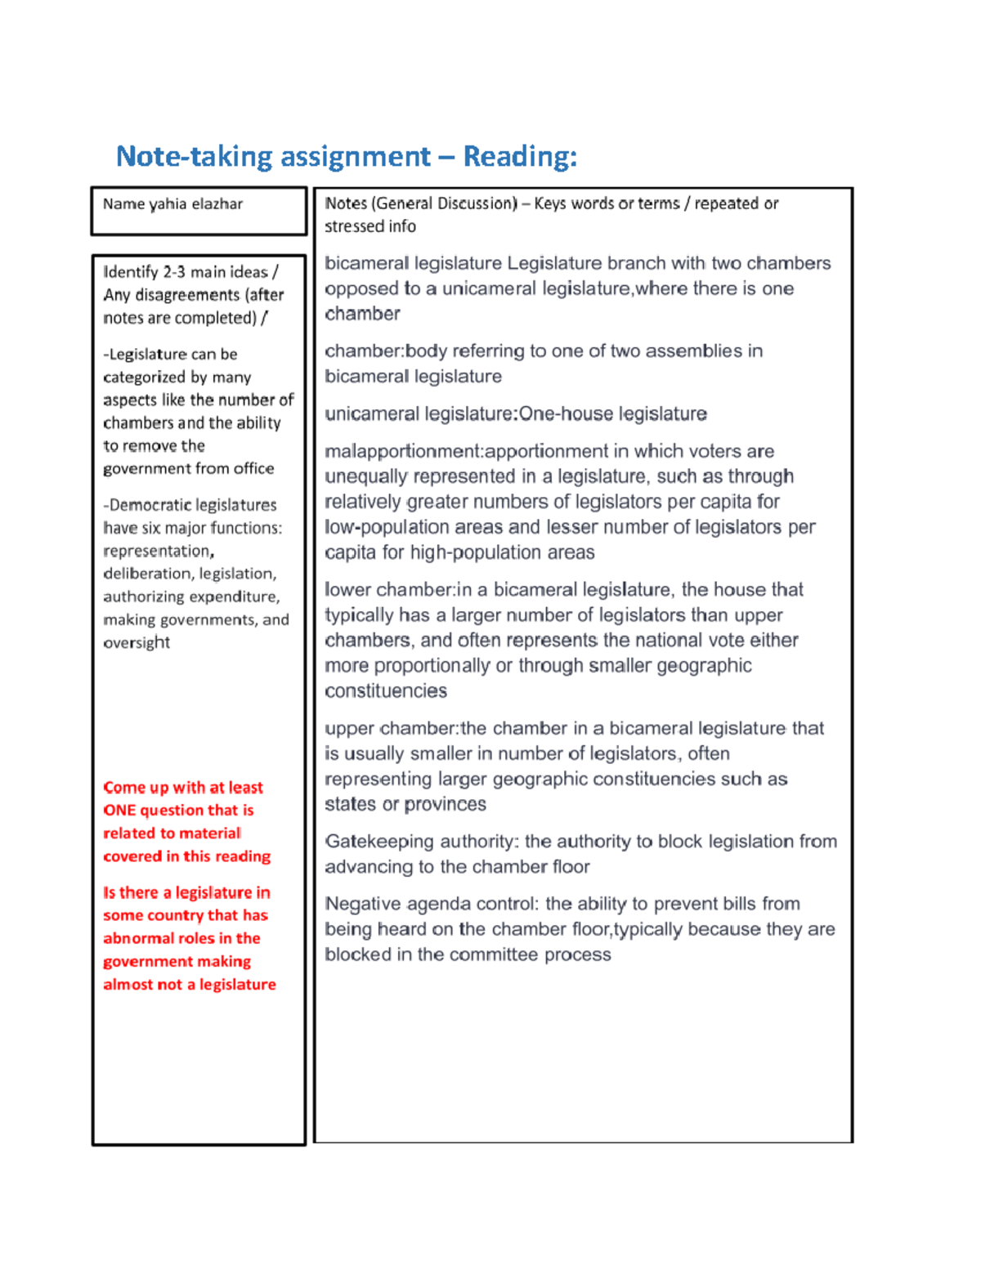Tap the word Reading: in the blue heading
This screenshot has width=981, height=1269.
point(520,156)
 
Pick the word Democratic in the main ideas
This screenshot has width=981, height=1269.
point(152,505)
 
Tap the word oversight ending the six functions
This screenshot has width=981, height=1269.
point(137,643)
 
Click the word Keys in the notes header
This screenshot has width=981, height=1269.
point(550,203)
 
